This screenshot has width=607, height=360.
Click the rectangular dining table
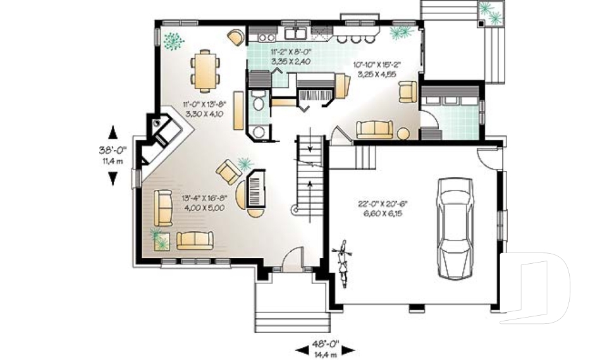coord(205,70)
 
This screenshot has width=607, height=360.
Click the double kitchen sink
coord(295,34)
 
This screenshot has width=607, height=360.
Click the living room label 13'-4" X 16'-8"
coord(204,202)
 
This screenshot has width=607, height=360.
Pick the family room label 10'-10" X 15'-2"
coord(377,69)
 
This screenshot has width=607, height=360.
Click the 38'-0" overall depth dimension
coord(113,154)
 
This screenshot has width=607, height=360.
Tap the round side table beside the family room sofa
coord(403,134)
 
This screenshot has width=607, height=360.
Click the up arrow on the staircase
coord(309,186)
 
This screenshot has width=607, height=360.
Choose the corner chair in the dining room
coord(235,37)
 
